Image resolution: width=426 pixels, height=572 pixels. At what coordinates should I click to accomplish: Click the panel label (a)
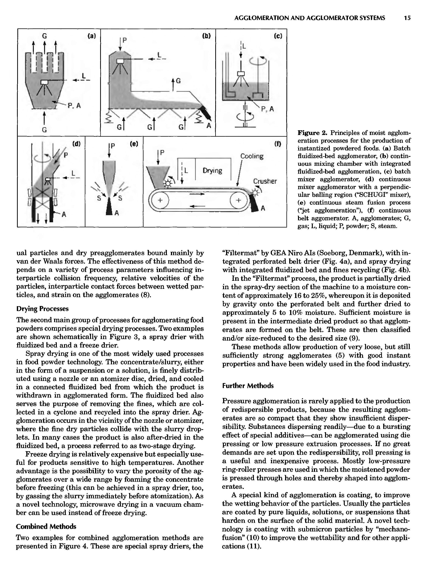(x=92, y=36)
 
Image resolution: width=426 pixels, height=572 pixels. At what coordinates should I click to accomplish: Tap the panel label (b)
(x=206, y=36)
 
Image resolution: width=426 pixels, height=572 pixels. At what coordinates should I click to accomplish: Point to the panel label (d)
(x=76, y=144)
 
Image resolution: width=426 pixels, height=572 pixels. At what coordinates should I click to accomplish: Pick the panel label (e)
(x=134, y=144)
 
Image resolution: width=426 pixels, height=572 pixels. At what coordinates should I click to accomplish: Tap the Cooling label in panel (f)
(x=252, y=156)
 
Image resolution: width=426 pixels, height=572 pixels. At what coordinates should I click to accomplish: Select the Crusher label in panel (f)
(x=265, y=181)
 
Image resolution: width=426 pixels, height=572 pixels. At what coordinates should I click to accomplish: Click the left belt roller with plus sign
(x=160, y=200)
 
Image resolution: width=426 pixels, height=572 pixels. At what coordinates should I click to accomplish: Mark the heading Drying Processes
(x=43, y=309)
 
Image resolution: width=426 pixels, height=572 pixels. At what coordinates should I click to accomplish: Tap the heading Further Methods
(x=248, y=386)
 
